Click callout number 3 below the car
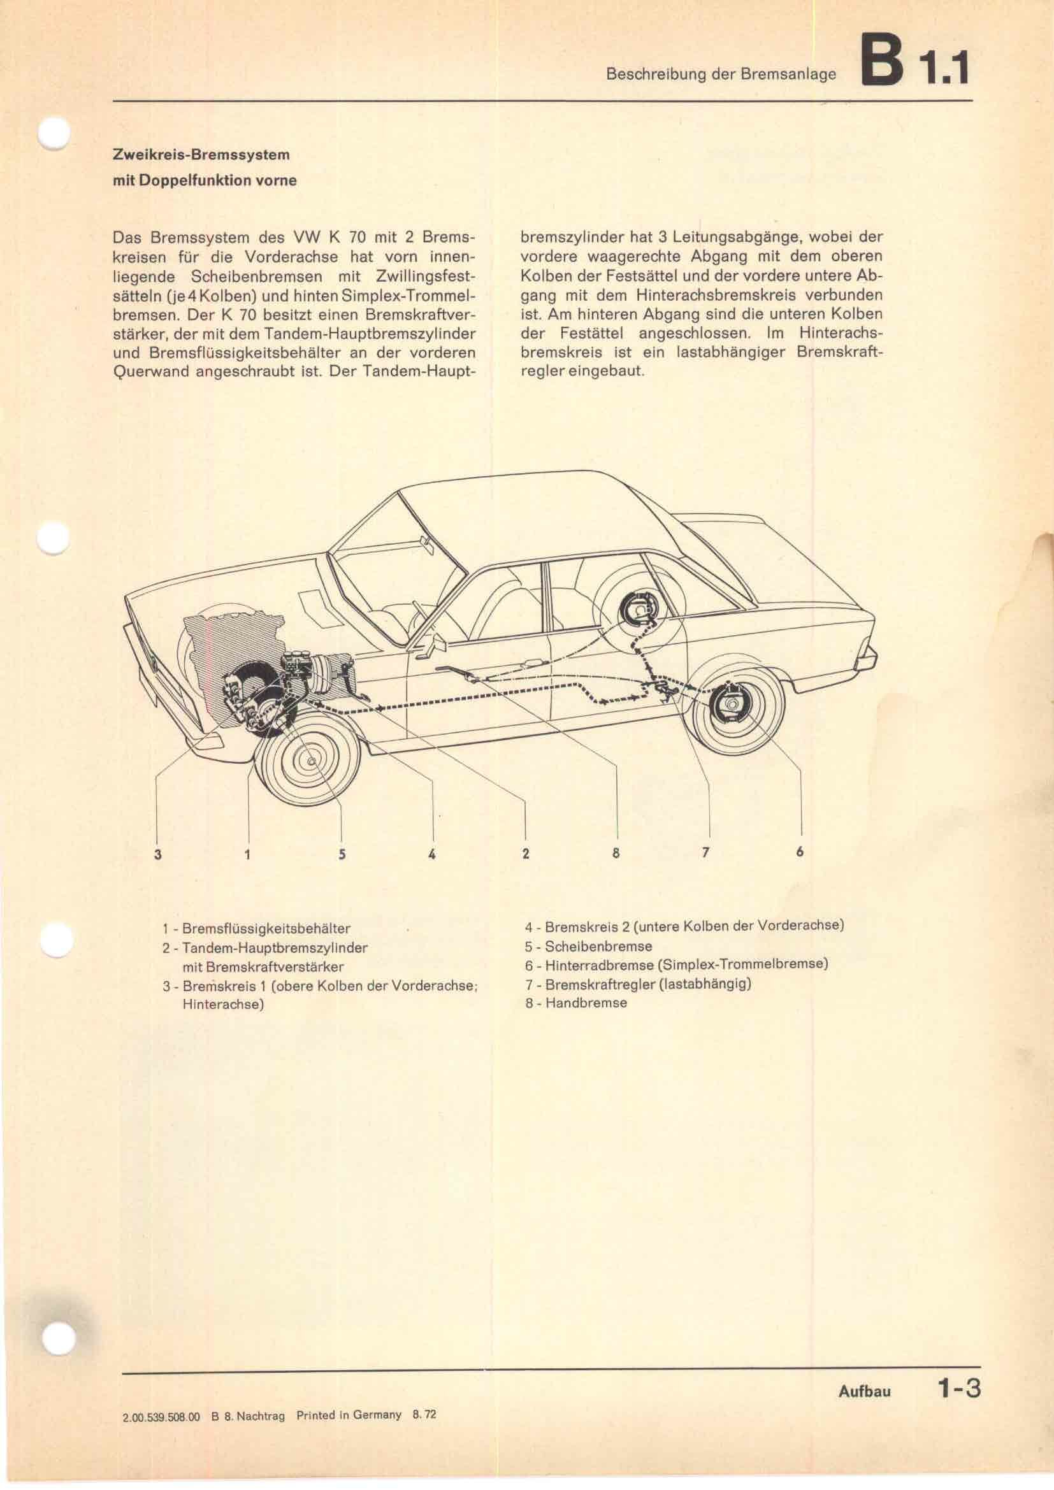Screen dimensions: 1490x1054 (x=157, y=855)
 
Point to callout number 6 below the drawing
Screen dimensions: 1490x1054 (x=800, y=852)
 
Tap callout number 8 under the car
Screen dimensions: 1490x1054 (x=616, y=854)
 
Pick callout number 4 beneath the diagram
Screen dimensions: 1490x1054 (x=431, y=855)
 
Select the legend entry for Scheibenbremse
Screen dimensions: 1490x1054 (x=588, y=946)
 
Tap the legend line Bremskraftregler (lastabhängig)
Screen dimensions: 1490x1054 (x=638, y=984)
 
